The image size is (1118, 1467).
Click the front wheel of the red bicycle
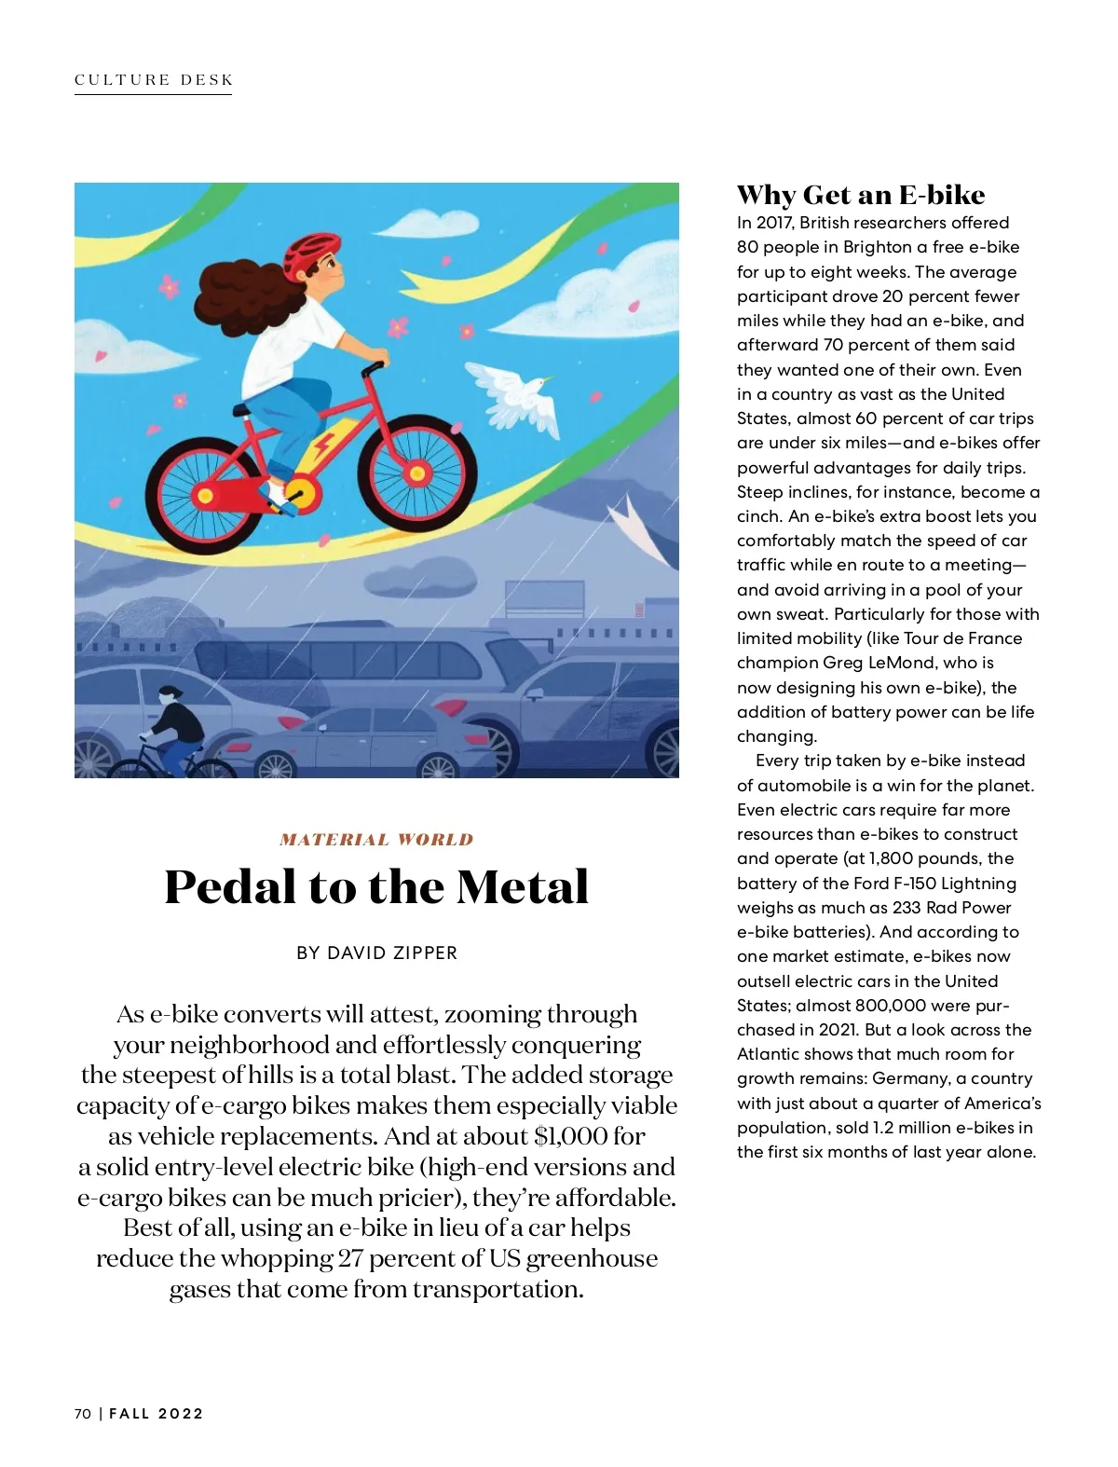point(416,473)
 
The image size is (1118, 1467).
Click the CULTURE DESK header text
point(154,80)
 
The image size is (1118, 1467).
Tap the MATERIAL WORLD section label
point(376,840)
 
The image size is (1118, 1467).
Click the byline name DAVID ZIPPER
point(392,953)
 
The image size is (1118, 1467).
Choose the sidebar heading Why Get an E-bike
point(860,195)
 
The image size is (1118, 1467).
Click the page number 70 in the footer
point(83,1414)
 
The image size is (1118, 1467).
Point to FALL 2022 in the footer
point(157,1414)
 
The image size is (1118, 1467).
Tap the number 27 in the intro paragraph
point(350,1259)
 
